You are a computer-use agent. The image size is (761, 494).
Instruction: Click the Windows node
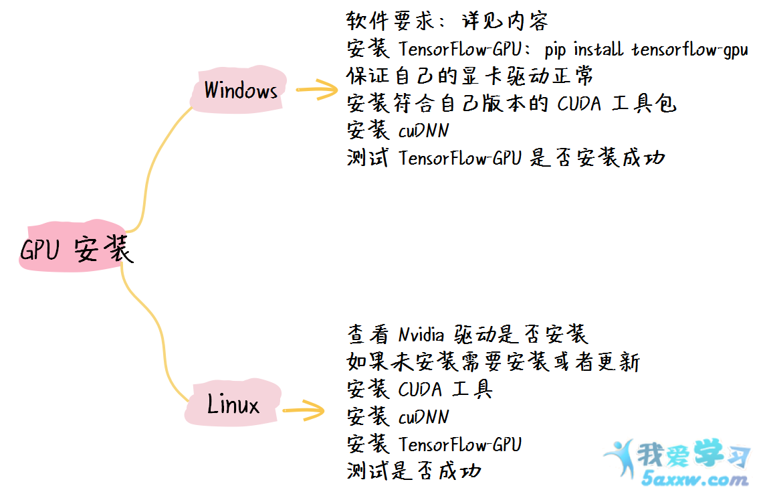(240, 90)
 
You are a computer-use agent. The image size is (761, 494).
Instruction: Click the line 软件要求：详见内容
(447, 21)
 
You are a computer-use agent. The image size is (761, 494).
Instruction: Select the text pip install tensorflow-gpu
(646, 49)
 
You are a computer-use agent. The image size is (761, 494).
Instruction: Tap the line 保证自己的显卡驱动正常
(469, 76)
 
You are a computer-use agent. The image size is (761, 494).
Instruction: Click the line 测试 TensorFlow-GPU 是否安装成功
(506, 159)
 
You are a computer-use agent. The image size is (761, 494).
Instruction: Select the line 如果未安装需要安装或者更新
(494, 362)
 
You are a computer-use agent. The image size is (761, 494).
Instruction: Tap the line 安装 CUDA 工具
(419, 389)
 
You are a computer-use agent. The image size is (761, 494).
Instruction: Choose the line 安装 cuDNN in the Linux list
(398, 416)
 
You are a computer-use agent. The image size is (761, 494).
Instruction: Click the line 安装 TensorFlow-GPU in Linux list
(434, 444)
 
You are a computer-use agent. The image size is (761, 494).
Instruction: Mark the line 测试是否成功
(413, 471)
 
